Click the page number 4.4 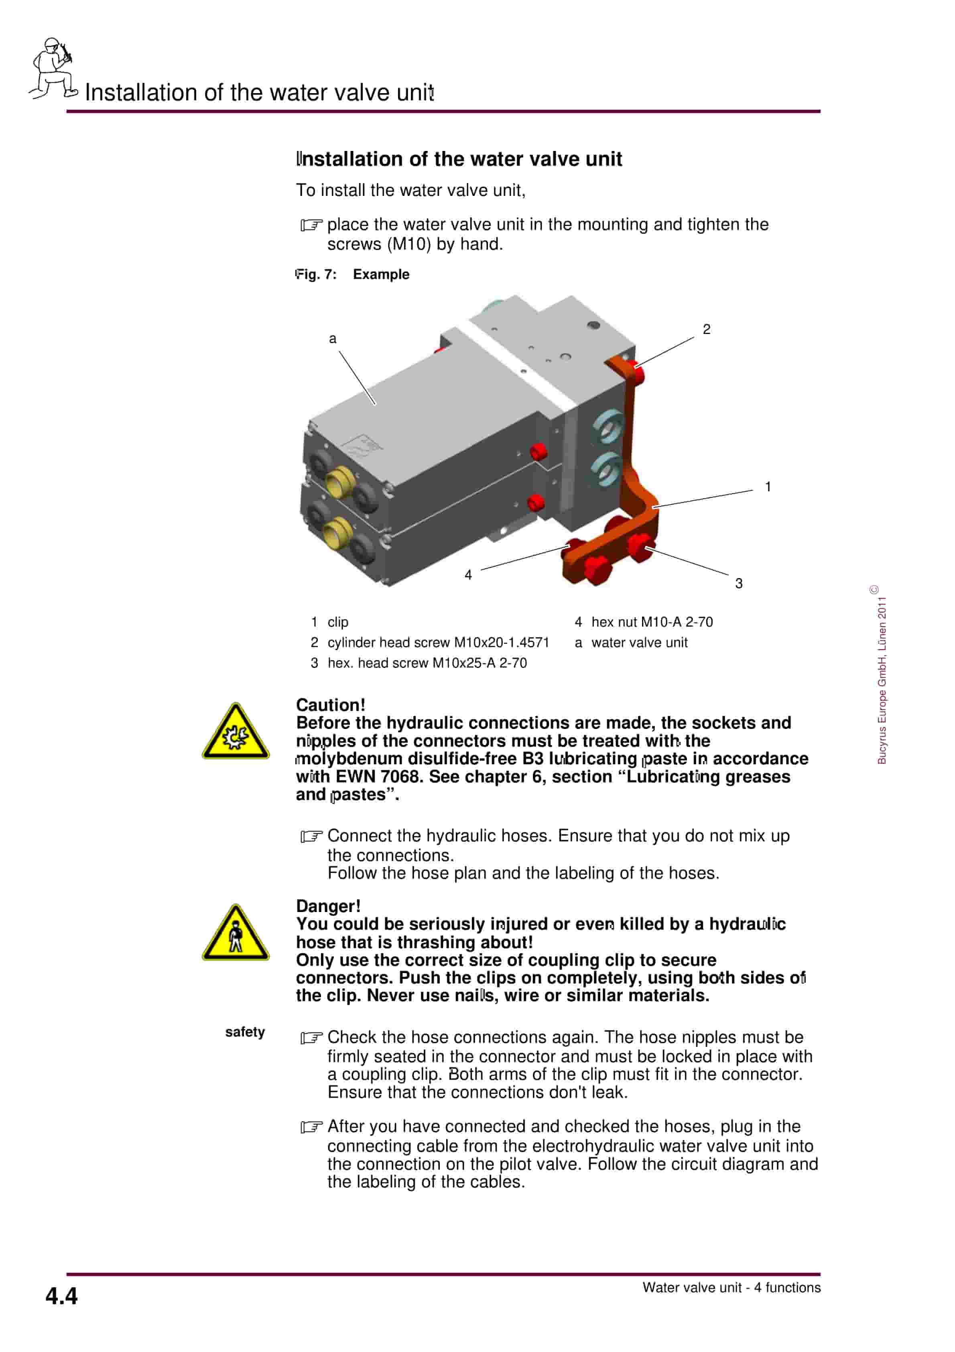61,1296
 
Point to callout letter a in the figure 332,338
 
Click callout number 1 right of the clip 767,487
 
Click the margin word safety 244,1032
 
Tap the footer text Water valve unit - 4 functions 731,1287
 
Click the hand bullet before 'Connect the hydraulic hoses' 311,836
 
